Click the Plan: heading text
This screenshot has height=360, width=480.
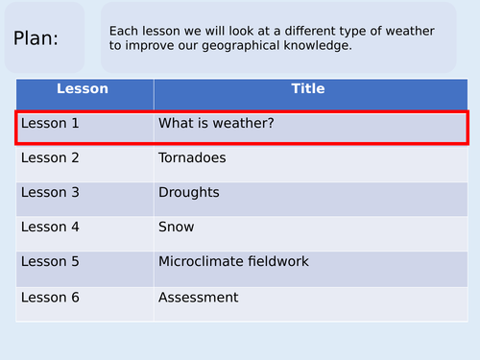[36, 39]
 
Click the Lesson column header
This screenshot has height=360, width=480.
[83, 89]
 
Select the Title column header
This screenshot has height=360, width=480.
[307, 89]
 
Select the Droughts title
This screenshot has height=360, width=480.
[189, 192]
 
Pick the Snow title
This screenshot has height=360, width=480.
[177, 228]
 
